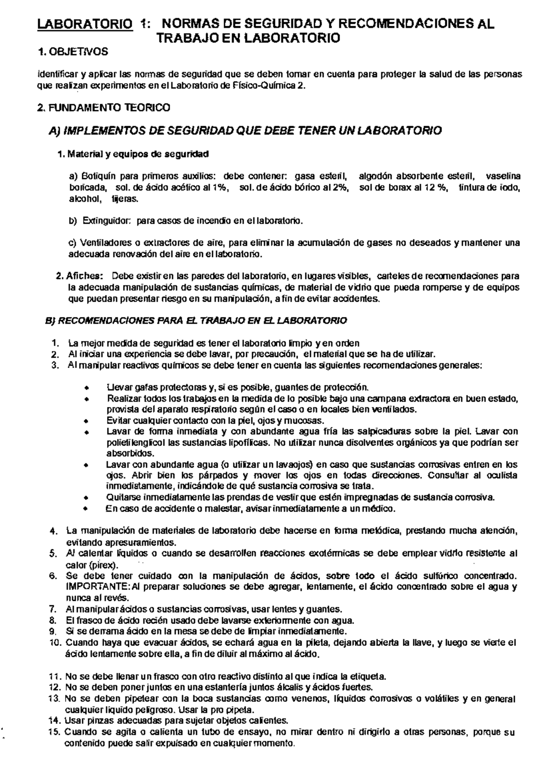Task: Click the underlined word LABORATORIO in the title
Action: (83, 24)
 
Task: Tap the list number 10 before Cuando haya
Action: (55, 643)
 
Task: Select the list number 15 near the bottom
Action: (55, 732)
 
